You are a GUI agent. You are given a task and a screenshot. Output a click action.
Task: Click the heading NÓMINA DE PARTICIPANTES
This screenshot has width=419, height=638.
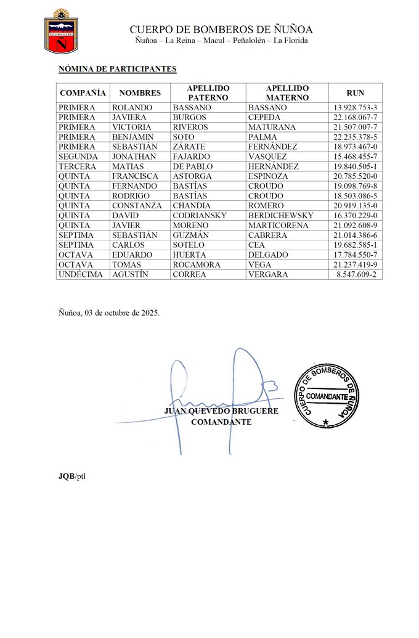pos(117,69)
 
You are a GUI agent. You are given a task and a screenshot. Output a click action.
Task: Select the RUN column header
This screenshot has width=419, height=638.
pos(355,93)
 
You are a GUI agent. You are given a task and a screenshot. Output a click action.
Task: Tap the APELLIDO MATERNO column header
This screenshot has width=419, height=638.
pos(287,93)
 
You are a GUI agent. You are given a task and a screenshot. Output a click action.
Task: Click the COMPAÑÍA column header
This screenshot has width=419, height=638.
pos(83,93)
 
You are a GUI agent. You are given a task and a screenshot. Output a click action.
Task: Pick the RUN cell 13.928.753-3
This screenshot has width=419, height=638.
pos(355,108)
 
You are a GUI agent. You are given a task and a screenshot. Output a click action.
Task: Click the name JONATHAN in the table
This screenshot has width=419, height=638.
pos(135,157)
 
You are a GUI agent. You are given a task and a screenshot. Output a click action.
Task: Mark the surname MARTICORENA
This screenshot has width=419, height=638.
pos(279,226)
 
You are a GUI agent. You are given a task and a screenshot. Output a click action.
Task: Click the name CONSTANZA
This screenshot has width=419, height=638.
pos(137,206)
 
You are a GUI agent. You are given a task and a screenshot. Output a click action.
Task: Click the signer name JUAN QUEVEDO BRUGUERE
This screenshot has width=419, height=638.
pos(221,411)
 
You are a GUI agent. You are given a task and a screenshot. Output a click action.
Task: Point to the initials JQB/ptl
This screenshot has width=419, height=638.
pos(72,476)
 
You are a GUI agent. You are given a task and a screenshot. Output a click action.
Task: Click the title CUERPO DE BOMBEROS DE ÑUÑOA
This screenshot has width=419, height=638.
pos(221,29)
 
